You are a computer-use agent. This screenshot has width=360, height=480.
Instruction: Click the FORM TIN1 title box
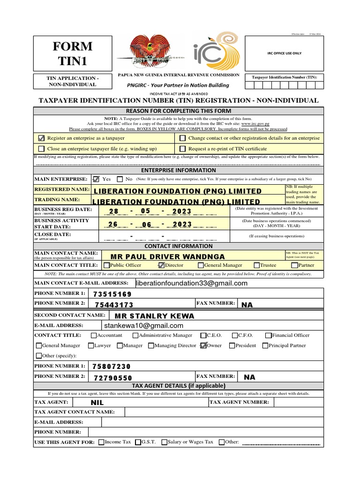75,53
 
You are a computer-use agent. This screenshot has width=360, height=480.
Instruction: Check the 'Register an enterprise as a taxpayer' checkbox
41,138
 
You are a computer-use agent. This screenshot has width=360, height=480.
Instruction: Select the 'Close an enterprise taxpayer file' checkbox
41,149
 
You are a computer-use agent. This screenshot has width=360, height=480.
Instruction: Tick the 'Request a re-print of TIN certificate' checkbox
182,149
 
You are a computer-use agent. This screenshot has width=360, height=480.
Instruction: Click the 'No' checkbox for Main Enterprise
120,179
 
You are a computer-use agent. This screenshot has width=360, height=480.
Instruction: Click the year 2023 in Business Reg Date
182,211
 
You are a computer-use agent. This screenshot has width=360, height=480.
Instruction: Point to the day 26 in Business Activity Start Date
112,225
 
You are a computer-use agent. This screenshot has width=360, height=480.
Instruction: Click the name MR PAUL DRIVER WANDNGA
167,256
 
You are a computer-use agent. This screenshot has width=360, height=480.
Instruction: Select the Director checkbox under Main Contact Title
162,265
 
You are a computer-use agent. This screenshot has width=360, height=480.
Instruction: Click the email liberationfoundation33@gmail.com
191,283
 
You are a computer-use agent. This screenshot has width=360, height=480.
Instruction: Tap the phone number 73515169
112,294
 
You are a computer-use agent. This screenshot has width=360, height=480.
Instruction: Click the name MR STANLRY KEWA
151,315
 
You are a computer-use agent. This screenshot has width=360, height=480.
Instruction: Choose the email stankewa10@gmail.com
142,325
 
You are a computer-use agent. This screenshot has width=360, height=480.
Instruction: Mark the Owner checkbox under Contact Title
202,346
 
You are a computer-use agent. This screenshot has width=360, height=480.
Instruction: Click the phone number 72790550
112,377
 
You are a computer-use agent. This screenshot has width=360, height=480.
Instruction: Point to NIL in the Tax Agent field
97,403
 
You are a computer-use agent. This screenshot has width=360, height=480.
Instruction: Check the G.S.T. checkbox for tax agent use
138,442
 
